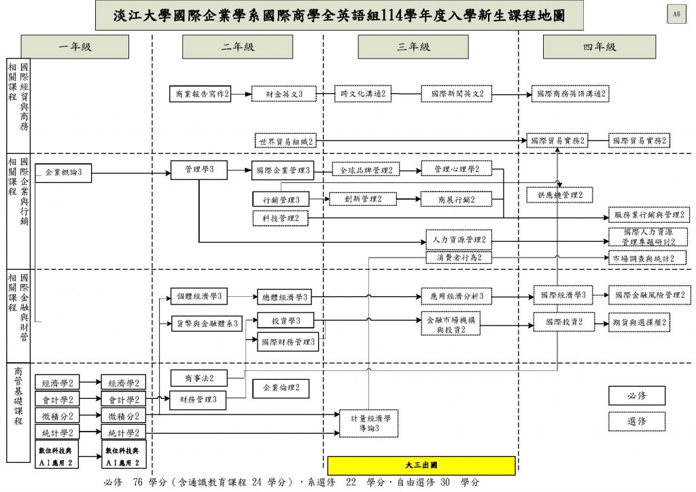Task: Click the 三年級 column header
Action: (413, 47)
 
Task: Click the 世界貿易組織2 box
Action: (285, 141)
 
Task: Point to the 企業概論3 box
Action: (63, 173)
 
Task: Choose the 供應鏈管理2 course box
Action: (559, 196)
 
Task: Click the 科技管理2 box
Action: (280, 218)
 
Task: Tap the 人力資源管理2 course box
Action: (458, 239)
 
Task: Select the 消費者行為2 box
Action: (458, 258)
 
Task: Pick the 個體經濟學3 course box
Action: (200, 296)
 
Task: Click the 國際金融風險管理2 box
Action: (649, 296)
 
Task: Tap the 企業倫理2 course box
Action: (281, 389)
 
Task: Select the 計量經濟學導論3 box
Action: (369, 423)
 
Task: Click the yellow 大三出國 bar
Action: (421, 466)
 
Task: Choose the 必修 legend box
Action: (636, 396)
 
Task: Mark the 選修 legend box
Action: (636, 421)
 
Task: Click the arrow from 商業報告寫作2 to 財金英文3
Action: (241, 94)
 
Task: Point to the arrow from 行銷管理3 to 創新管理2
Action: (319, 199)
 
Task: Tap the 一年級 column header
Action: (75, 47)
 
